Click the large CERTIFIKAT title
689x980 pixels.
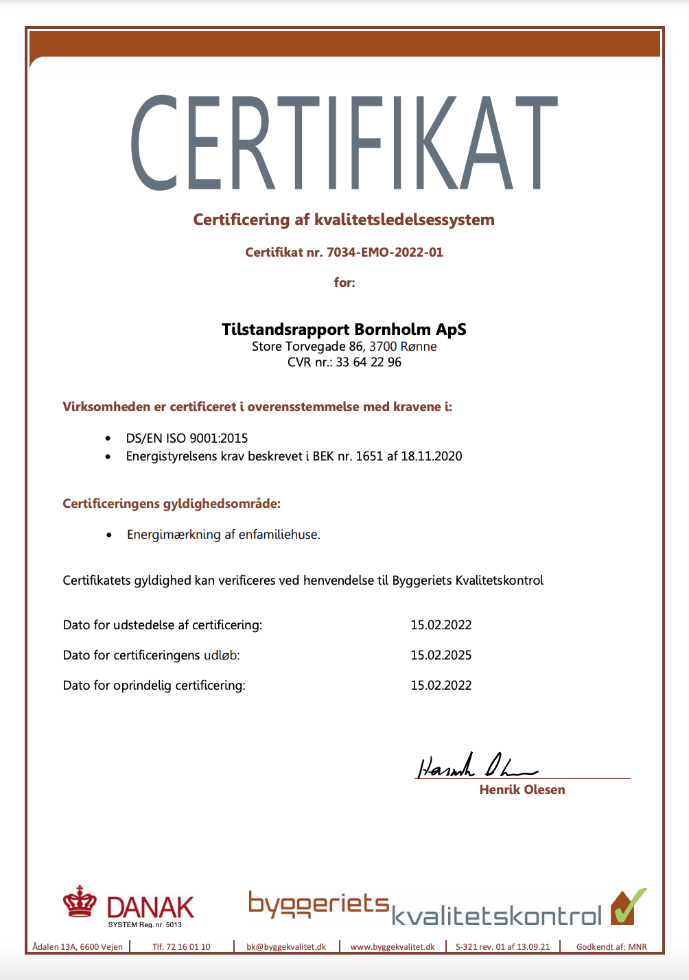coord(344,143)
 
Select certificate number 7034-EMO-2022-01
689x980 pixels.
coord(384,253)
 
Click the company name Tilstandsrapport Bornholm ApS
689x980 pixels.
coord(344,329)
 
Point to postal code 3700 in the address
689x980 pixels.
coord(383,347)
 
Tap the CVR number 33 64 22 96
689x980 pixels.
coord(369,362)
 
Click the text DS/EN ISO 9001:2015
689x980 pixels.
coord(187,439)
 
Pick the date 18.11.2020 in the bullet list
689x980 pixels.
coord(432,456)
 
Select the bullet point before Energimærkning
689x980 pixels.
coord(109,535)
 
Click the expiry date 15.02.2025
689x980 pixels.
coord(441,655)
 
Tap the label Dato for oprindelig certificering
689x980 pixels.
coord(154,686)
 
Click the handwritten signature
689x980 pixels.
coord(474,766)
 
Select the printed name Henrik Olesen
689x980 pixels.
coord(522,790)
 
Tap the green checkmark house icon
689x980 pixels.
coord(628,907)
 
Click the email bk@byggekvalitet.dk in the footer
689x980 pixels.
coord(286,947)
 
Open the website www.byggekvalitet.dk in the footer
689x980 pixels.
coord(393,947)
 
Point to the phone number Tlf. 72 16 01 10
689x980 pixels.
coord(181,947)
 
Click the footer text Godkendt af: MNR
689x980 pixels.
coord(611,947)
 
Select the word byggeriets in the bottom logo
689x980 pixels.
coord(318,905)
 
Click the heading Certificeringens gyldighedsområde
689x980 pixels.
coord(172,504)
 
